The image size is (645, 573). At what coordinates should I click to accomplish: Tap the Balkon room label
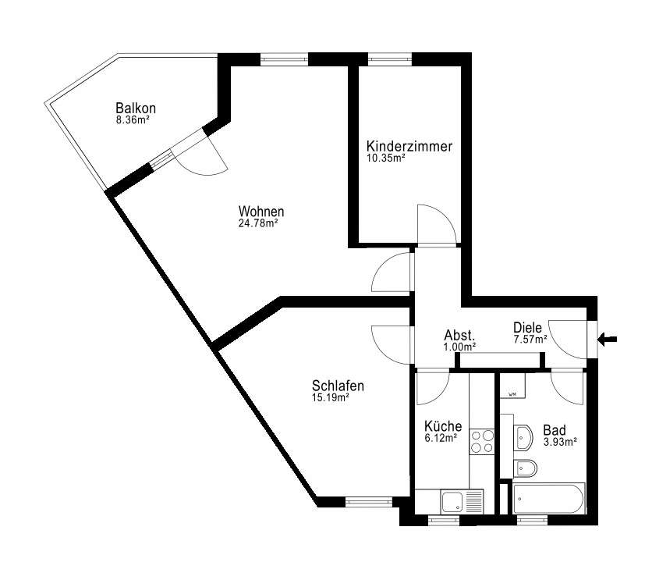pos(136,109)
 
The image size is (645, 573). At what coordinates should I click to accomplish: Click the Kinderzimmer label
pos(409,146)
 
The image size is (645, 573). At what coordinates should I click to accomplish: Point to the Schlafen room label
pos(338,386)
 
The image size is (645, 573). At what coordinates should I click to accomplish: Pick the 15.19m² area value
pos(331,397)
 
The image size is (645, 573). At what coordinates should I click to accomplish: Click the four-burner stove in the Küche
pos(482,441)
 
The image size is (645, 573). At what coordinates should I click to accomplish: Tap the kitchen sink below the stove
pos(462,501)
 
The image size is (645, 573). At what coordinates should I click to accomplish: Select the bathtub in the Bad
pos(549,498)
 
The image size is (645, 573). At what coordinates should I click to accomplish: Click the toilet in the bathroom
pos(526,468)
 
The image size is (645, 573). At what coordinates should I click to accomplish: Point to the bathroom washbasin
pos(523,438)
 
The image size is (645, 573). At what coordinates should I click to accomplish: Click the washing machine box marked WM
pos(512,386)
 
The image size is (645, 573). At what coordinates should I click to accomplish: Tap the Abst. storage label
pos(459,335)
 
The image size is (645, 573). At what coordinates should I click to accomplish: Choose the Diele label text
pos(528,328)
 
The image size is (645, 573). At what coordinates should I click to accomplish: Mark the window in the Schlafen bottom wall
pos(369,501)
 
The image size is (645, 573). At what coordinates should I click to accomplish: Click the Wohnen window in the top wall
pos(284,59)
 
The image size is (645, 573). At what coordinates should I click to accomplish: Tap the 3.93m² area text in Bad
pos(560,442)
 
